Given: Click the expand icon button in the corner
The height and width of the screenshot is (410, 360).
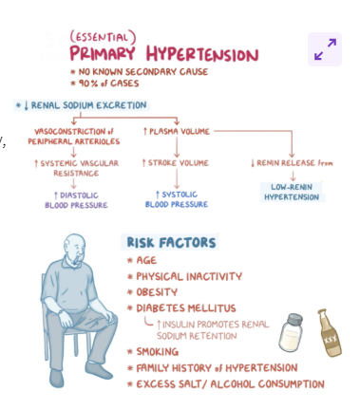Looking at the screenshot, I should click(325, 48).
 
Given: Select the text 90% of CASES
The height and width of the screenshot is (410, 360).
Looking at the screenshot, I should click(109, 84).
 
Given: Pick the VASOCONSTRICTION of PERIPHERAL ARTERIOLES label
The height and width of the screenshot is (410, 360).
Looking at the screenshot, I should click(73, 135).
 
